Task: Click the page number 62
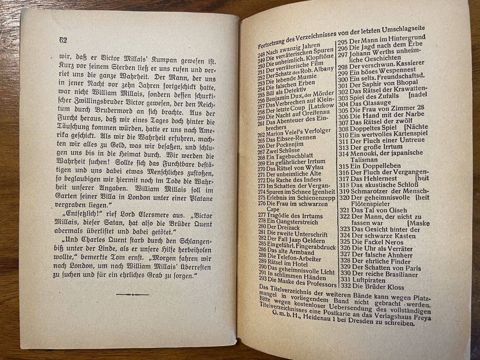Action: (62, 40)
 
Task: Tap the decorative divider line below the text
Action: (133, 294)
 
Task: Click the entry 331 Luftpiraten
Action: (369, 280)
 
